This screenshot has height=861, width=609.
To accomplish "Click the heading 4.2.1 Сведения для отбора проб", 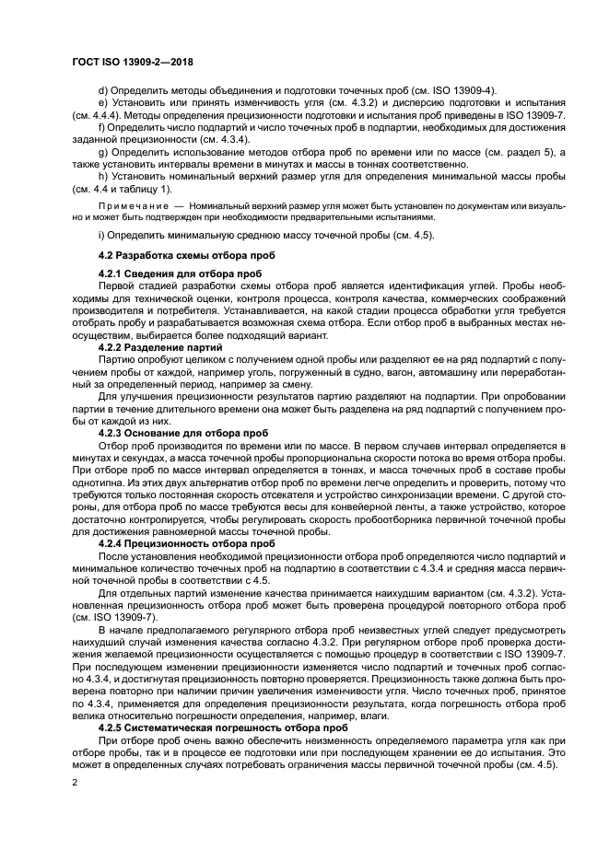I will tap(179, 274).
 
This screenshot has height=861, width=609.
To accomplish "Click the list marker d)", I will tap(102, 90).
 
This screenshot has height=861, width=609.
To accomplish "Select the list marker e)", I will tap(102, 102).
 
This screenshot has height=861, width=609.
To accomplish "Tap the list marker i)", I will tap(101, 237).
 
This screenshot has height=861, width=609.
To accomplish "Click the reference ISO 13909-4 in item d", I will tap(463, 90).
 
